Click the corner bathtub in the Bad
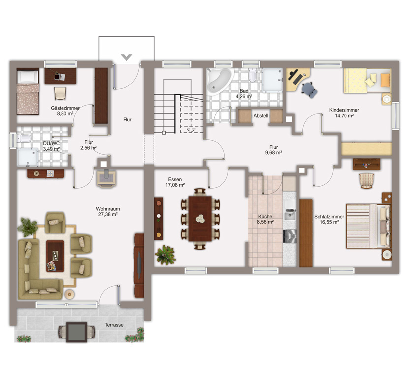coord(219,81)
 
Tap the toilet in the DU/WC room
coord(24,138)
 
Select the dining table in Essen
coord(200,219)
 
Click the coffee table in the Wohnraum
coord(55,256)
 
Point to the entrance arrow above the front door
coord(126,57)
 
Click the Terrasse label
coord(114,325)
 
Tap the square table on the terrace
coord(76,332)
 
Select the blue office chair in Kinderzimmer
coord(310,89)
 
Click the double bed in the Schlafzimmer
coord(369,226)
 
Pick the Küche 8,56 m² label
coord(265,219)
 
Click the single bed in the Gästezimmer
coord(28,91)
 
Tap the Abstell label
coord(261,116)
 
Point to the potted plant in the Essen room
coord(165,255)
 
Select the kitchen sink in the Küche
coord(289,215)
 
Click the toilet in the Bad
coord(252,75)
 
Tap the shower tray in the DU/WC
coord(28,158)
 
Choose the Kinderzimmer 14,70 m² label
coord(344,113)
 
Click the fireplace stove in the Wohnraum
coord(106,178)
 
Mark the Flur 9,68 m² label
coord(274,150)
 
